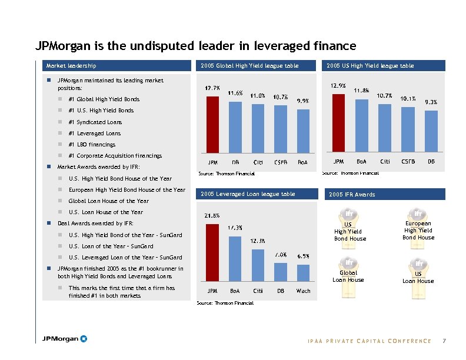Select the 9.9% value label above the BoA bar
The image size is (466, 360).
point(302,101)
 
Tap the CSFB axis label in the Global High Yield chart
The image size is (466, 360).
point(281,162)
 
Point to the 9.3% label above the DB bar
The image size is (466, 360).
point(431,102)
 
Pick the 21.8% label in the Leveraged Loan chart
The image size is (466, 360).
point(212,215)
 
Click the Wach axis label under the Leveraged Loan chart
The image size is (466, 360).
point(304,291)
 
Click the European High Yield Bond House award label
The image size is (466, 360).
point(418,231)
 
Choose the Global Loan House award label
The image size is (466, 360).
point(348,276)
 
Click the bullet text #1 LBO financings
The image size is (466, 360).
point(92,144)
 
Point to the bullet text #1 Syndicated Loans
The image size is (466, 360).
point(95,122)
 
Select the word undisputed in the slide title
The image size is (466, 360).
point(139,46)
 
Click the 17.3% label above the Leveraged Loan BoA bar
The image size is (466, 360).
point(235,227)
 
